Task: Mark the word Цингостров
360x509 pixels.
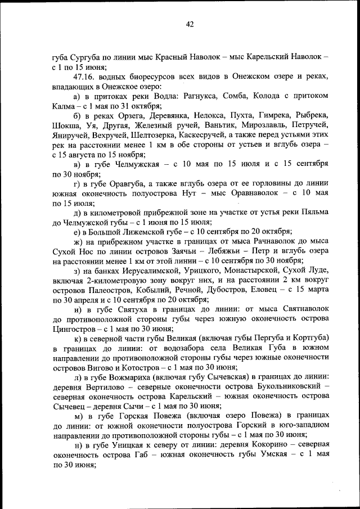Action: [76, 328]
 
